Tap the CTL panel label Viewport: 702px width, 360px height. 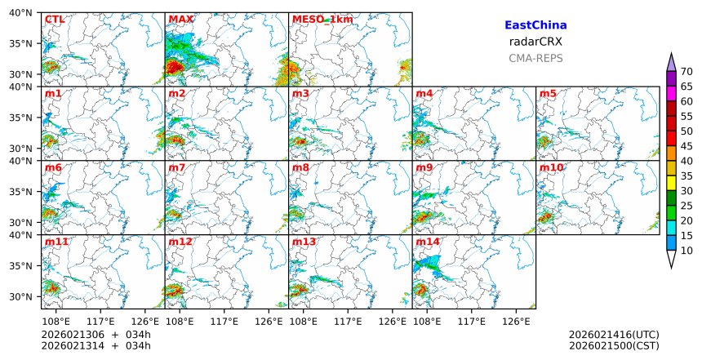coord(55,20)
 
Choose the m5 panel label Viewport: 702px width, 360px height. coord(548,94)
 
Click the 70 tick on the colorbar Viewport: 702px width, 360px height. coord(687,71)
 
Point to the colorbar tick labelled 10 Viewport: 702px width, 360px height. coord(687,251)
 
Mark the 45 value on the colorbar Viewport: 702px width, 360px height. coord(687,146)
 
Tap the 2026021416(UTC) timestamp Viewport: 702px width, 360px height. coord(614,335)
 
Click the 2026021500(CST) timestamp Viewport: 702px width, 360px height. coord(614,346)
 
